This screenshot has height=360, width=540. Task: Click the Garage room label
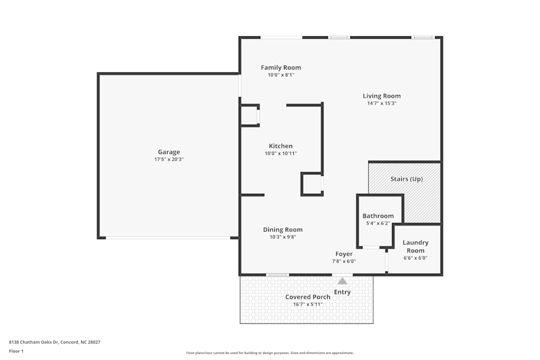[168, 152]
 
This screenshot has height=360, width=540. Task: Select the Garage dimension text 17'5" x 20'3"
[168, 160]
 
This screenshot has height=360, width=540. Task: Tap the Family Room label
[281, 67]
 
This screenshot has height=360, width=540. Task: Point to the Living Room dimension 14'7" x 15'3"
[381, 104]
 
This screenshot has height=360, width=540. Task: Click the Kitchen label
[281, 146]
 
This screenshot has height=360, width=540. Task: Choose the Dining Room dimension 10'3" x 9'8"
[282, 237]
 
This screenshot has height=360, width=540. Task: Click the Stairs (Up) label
[406, 179]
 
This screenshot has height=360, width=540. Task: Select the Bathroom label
[378, 216]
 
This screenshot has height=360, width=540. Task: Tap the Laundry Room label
[415, 247]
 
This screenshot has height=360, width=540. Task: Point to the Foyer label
[344, 254]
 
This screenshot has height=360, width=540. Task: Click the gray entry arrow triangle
[342, 281]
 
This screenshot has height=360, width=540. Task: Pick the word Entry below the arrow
[342, 292]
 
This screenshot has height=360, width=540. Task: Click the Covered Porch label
[308, 297]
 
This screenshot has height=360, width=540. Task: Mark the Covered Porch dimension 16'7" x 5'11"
[308, 304]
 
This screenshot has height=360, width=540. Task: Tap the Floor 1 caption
[16, 351]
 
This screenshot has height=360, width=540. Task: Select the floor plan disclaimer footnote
[270, 353]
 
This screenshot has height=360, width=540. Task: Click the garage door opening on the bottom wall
[167, 237]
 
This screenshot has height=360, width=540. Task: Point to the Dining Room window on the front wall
[278, 275]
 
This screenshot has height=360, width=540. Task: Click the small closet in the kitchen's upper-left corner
[249, 116]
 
